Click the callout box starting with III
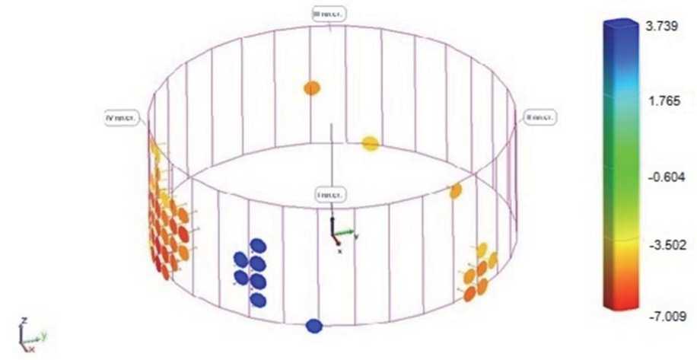click(329, 13)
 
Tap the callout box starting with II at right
click(540, 117)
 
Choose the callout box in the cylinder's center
click(330, 195)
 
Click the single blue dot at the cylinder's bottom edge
click(314, 326)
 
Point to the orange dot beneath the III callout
click(312, 88)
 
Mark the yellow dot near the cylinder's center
click(371, 142)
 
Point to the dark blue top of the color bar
click(619, 34)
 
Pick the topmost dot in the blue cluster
click(258, 245)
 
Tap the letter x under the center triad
click(339, 249)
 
